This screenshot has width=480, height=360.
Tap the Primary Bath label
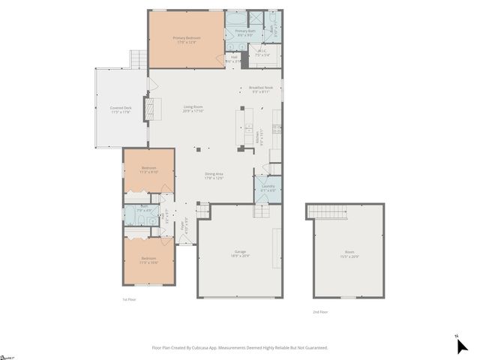click(246, 31)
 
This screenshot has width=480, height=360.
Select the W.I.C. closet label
click(262, 54)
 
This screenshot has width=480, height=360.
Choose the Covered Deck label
click(121, 109)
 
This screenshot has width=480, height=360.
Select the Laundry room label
click(267, 188)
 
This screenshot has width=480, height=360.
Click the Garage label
click(239, 253)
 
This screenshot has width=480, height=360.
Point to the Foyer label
click(182, 222)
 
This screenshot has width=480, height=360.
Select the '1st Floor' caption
click(129, 299)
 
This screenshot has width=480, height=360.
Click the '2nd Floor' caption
click(320, 311)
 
